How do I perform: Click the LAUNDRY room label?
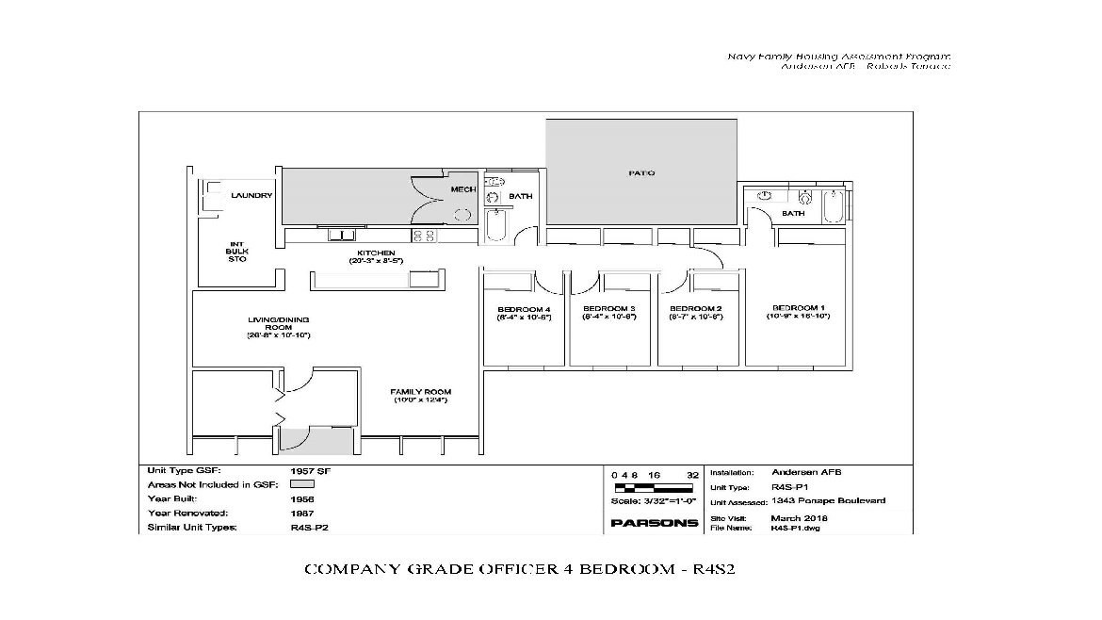coord(251,196)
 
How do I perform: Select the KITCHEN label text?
coord(375,253)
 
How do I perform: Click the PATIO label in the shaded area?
coord(641,173)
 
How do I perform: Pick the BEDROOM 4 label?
coord(523,310)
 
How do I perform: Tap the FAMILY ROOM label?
coord(421,392)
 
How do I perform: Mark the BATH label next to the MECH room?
coord(520,197)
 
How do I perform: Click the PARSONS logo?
coord(655,523)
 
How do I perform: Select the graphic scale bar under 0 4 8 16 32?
coord(655,488)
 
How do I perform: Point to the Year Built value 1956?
coord(302,498)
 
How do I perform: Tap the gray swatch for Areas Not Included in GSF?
coord(301,483)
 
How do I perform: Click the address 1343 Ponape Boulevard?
coord(829,502)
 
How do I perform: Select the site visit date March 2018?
coord(800,518)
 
